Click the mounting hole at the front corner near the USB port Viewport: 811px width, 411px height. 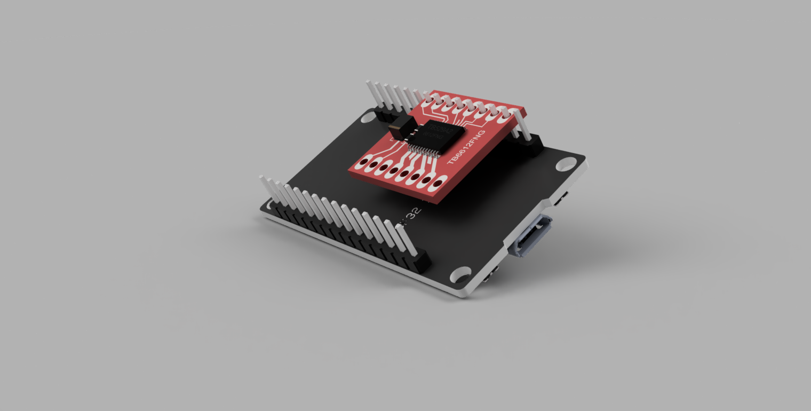(460, 275)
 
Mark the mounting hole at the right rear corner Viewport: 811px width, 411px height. (566, 164)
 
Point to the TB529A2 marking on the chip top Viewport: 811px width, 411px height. (441, 129)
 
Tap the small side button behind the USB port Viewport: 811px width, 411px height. (559, 200)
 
